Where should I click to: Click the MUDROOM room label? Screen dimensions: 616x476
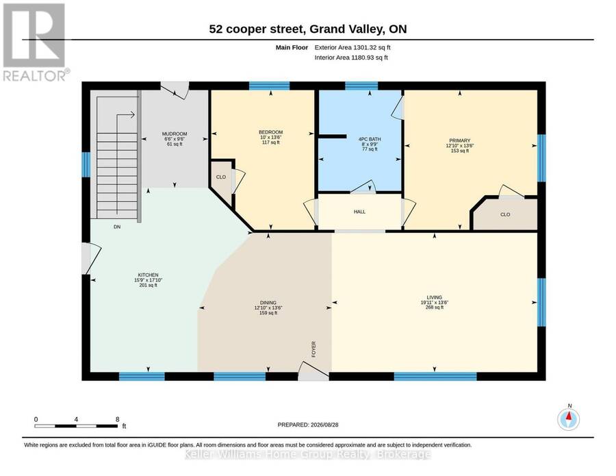[x=175, y=134]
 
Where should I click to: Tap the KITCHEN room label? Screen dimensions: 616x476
[x=148, y=275]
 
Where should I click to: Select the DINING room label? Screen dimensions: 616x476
[x=268, y=303]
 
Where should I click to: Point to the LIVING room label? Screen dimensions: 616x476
[x=435, y=297]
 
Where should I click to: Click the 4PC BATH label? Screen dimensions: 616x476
[x=370, y=139]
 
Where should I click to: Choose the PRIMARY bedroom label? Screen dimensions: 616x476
[x=460, y=140]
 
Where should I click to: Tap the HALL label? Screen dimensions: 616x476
[x=359, y=212]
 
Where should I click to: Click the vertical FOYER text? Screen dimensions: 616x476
[x=313, y=349]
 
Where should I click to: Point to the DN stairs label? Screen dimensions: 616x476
[x=117, y=227]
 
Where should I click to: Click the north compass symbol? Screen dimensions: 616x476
[x=569, y=419]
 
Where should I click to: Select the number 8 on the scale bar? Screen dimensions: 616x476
[x=118, y=419]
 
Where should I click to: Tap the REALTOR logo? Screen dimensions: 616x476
[x=35, y=42]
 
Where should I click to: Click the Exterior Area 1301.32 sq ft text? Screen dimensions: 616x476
[x=352, y=47]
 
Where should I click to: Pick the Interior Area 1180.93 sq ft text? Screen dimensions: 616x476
[x=351, y=58]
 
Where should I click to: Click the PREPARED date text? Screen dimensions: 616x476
[x=308, y=425]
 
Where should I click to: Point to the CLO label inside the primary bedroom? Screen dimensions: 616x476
[x=505, y=214]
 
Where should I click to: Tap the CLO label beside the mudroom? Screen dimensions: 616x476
[x=221, y=177]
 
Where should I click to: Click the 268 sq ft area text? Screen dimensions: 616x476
[x=435, y=308]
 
